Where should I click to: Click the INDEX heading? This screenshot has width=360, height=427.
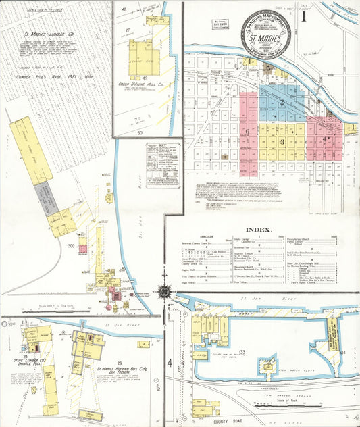259,229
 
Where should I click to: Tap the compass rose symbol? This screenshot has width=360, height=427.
163,291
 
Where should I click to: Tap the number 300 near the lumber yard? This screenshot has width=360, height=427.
70,246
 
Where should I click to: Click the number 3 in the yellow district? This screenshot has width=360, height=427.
281,142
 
